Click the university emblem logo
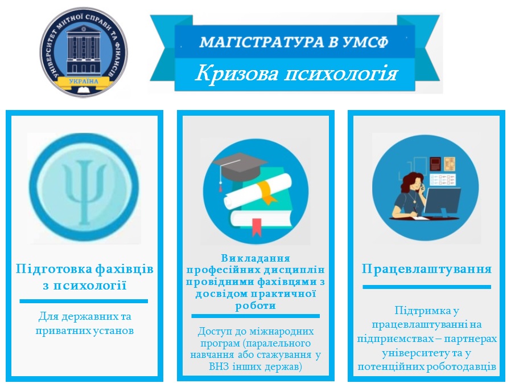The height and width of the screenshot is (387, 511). (x=84, y=52)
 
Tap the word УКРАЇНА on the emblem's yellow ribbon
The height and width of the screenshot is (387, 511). (x=84, y=81)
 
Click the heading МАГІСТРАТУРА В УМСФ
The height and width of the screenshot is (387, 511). (x=294, y=42)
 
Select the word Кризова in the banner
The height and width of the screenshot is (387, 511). (x=237, y=74)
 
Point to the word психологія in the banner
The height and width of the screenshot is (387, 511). (x=341, y=74)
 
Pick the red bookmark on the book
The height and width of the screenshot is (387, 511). (x=257, y=227)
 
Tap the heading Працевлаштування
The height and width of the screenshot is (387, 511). (x=427, y=269)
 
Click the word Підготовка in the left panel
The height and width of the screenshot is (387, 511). (x=53, y=270)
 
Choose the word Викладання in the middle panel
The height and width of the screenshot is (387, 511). (x=255, y=258)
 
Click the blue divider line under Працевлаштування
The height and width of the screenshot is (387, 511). (x=427, y=287)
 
